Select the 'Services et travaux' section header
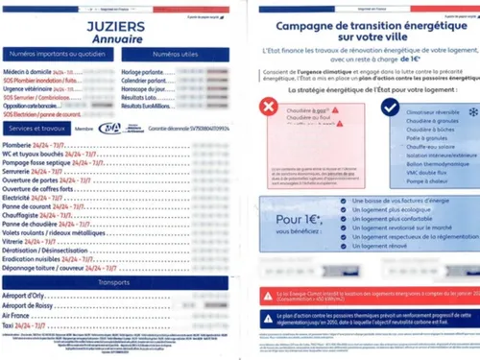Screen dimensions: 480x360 (x=36, y=127)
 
